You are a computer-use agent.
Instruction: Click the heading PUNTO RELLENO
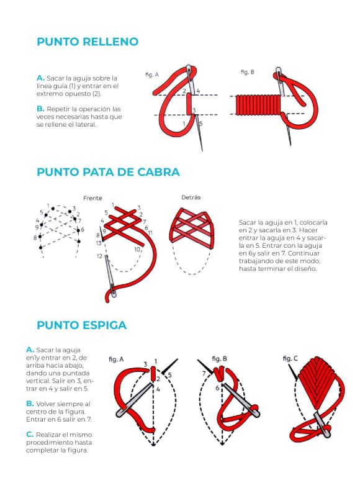[88, 42]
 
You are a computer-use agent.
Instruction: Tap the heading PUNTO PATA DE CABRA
[108, 172]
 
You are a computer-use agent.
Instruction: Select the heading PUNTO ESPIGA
[81, 325]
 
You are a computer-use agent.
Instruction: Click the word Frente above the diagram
[92, 198]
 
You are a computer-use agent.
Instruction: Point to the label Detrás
[191, 197]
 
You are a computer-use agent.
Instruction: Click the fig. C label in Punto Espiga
[290, 358]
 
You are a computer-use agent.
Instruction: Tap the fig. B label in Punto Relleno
[248, 72]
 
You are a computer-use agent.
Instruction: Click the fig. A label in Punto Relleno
[152, 75]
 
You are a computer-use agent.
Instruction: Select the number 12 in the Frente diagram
[99, 256]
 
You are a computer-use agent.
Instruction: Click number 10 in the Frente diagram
[137, 250]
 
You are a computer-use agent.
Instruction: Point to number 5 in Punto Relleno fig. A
[201, 124]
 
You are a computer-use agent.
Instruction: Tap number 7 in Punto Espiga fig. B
[204, 374]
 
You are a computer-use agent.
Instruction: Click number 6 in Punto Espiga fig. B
[217, 388]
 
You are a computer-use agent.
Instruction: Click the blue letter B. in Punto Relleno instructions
[40, 109]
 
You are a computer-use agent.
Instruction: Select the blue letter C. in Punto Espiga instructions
[30, 435]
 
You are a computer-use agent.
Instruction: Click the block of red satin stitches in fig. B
[258, 105]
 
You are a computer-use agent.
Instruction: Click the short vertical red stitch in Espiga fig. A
[153, 374]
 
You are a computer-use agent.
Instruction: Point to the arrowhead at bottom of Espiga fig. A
[153, 443]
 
